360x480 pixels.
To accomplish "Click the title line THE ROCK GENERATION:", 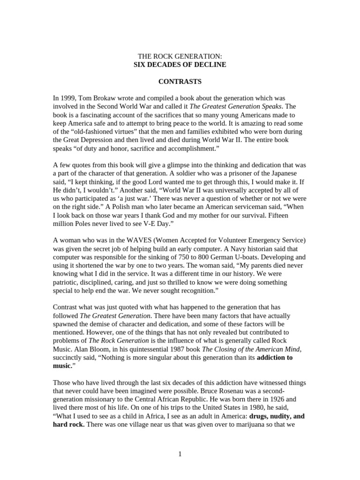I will point(180,57).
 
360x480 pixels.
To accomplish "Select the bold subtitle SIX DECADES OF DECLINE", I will point(180,65).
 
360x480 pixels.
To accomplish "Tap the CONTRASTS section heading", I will point(180,82).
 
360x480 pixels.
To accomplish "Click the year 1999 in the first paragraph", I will point(67,98).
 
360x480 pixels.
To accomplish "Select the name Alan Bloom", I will point(92,349).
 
